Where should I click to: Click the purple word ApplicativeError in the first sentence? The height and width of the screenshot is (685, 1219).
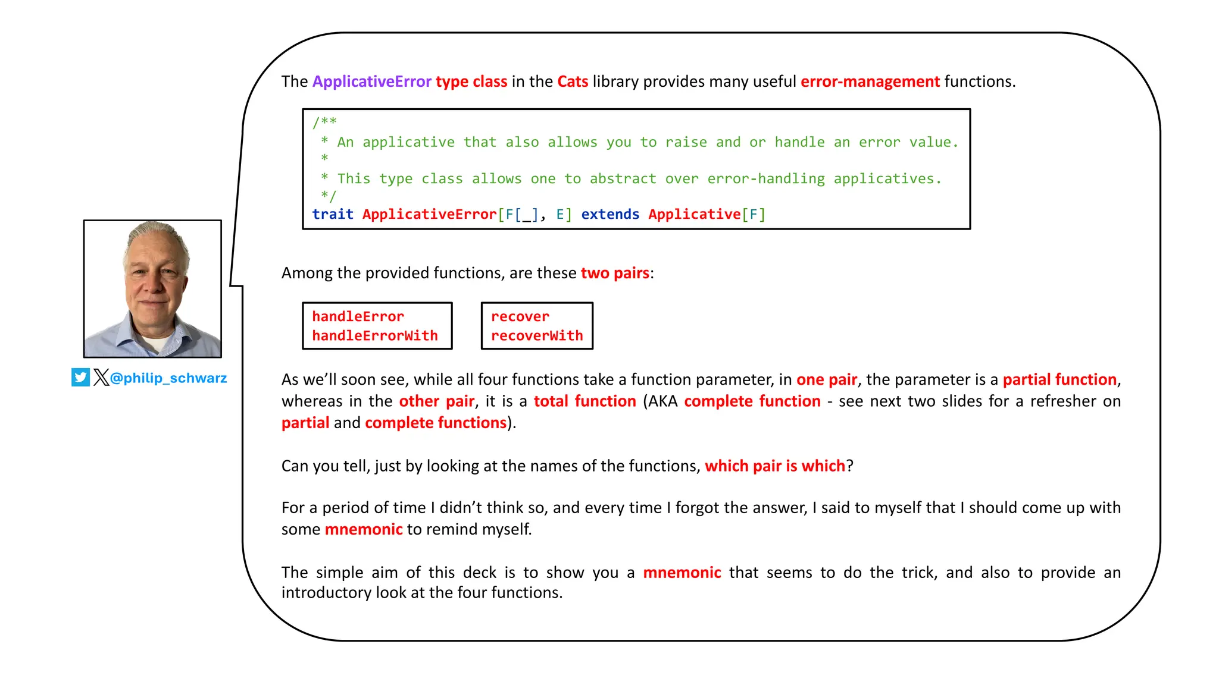click(x=371, y=81)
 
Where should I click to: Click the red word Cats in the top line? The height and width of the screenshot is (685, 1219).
click(x=572, y=81)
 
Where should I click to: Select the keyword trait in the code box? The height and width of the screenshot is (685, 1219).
click(x=332, y=214)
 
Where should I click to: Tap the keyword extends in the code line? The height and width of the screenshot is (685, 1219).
click(x=609, y=214)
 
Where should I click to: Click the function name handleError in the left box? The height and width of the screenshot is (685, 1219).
click(x=358, y=316)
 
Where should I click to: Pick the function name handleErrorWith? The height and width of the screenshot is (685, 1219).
click(x=374, y=335)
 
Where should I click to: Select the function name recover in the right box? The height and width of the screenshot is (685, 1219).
click(x=520, y=316)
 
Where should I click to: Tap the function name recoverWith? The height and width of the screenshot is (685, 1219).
click(x=536, y=335)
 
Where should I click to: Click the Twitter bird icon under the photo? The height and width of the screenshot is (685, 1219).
click(x=80, y=378)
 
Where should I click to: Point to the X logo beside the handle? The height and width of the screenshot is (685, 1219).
click(x=101, y=378)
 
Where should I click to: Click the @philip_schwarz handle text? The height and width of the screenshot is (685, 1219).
click(x=168, y=378)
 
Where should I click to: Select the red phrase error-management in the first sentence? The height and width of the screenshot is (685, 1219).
click(x=870, y=81)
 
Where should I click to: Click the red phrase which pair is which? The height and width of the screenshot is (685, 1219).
click(x=774, y=466)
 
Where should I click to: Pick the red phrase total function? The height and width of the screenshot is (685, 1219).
click(x=585, y=401)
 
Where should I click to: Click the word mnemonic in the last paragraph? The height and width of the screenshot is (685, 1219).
click(x=682, y=573)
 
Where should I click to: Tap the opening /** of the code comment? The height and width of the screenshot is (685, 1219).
click(x=324, y=122)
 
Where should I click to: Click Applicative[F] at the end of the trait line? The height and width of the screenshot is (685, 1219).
click(x=707, y=214)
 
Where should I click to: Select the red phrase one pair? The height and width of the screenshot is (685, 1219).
click(x=826, y=379)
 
